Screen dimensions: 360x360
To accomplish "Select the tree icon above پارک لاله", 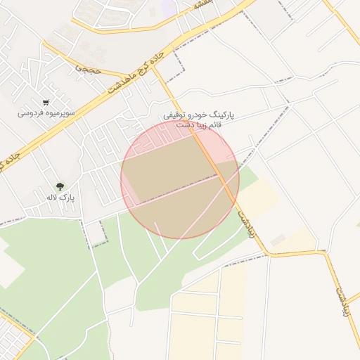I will coord(60,187).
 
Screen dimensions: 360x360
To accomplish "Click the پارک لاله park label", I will coord(61,198).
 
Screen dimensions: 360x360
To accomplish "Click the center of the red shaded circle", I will coord(180,179).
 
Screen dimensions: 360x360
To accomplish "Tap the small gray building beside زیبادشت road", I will coord(278,240).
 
